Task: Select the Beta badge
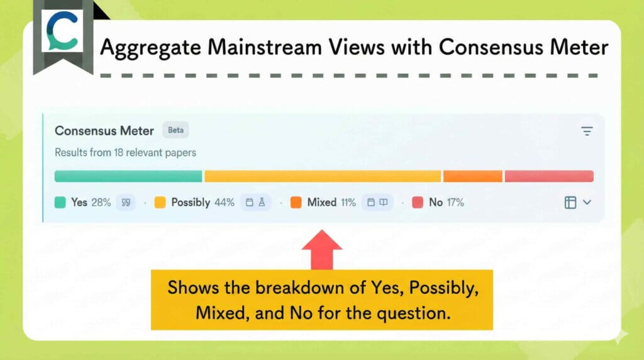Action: coord(175,130)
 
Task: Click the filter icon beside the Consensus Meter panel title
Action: coord(587,131)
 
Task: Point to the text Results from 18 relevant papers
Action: coord(125,152)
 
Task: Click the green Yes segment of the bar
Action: coord(128,176)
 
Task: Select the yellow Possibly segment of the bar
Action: coord(323,176)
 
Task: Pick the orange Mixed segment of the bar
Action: coord(473,176)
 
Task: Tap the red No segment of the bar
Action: coord(549,176)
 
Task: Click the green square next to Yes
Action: coord(60,203)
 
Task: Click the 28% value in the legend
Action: coord(101,203)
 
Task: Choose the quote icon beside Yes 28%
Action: coord(126,203)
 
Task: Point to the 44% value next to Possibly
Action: coord(224,203)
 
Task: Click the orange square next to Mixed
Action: coord(296,203)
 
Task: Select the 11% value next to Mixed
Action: coord(348,203)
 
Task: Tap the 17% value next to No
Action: coord(455,203)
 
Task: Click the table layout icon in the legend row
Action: coord(570,203)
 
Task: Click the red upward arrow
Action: coord(322,249)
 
